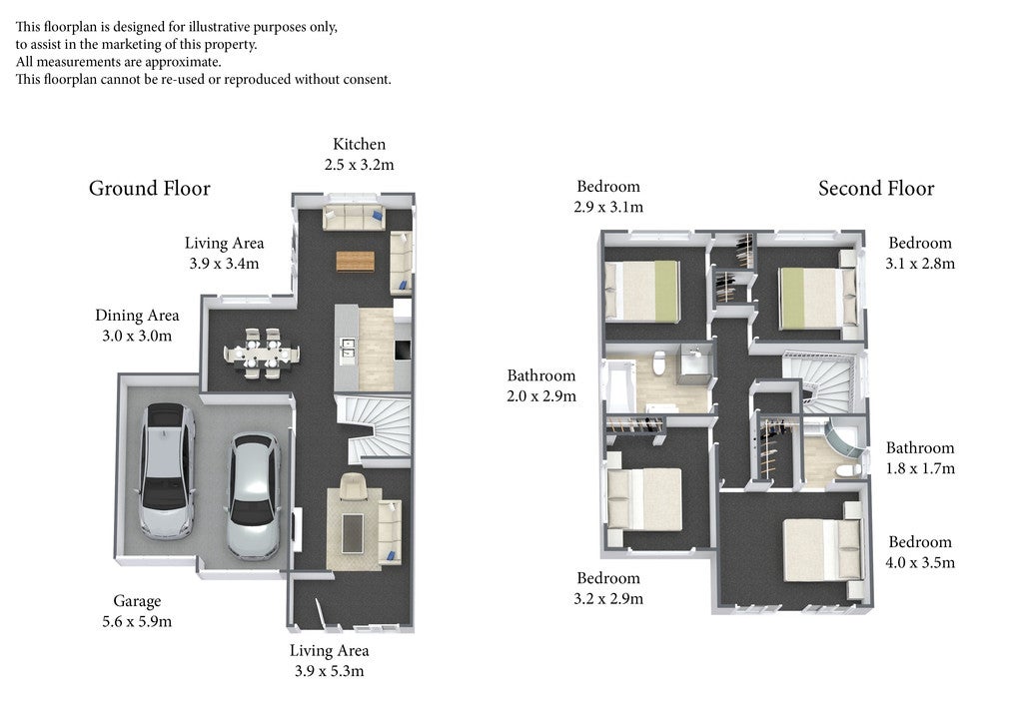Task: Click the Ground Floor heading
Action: tap(150, 189)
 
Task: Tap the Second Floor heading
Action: tap(876, 189)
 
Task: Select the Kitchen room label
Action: tap(359, 144)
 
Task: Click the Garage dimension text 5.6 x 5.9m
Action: tap(137, 621)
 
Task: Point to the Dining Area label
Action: tap(137, 316)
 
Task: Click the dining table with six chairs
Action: tap(262, 354)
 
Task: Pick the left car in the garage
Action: tap(167, 470)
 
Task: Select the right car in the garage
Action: tap(253, 496)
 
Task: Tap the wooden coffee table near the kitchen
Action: tap(356, 261)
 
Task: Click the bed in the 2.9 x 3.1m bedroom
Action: tap(642, 291)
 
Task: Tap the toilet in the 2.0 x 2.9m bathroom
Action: tap(659, 362)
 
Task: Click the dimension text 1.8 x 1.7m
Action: tap(920, 468)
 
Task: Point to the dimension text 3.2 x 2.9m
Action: tap(608, 598)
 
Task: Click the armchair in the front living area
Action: tap(353, 486)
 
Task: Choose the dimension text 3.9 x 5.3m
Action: tap(329, 671)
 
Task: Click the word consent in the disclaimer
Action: tap(368, 80)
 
